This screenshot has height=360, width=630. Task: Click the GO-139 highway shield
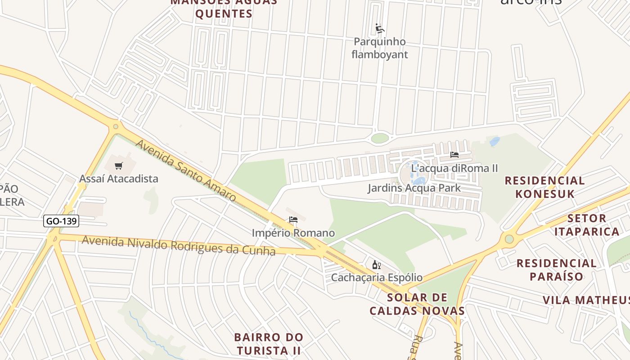pyautogui.click(x=62, y=221)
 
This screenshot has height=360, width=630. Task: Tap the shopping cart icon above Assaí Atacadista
pyautogui.click(x=119, y=166)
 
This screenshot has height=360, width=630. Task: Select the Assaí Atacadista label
pyautogui.click(x=119, y=179)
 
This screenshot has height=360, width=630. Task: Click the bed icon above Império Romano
pyautogui.click(x=293, y=220)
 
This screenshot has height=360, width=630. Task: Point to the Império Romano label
pyautogui.click(x=293, y=233)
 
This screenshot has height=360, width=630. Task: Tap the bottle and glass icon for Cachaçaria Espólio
pyautogui.click(x=377, y=265)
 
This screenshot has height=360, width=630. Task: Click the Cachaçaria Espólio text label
pyautogui.click(x=377, y=277)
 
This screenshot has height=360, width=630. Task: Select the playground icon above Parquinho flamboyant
pyautogui.click(x=380, y=29)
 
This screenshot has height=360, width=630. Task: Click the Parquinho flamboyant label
pyautogui.click(x=380, y=48)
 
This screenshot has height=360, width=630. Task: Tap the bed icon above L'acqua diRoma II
pyautogui.click(x=454, y=155)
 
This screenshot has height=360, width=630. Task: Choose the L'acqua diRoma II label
pyautogui.click(x=454, y=168)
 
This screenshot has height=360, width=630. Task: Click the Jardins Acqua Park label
pyautogui.click(x=414, y=188)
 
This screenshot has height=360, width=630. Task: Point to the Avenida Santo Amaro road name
pyautogui.click(x=185, y=171)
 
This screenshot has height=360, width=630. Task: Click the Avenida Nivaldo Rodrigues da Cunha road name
pyautogui.click(x=178, y=245)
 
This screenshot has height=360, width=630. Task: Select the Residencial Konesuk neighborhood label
pyautogui.click(x=545, y=187)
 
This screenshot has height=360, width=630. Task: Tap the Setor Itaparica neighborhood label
pyautogui.click(x=587, y=225)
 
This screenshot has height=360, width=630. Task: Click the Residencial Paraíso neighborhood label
pyautogui.click(x=557, y=270)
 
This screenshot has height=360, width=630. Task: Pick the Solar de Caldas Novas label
pyautogui.click(x=417, y=304)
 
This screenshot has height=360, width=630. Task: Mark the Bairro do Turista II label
pyautogui.click(x=269, y=343)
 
